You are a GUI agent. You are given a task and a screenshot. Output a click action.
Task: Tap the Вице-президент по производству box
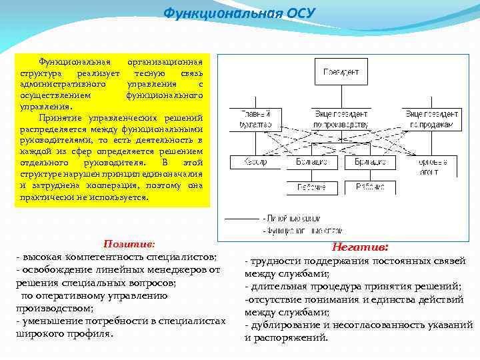[341, 119]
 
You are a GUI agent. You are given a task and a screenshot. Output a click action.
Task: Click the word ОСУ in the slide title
[299, 13]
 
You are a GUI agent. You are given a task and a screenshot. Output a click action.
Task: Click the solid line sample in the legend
[241, 218]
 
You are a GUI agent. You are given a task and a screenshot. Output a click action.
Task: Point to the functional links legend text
[293, 231]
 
